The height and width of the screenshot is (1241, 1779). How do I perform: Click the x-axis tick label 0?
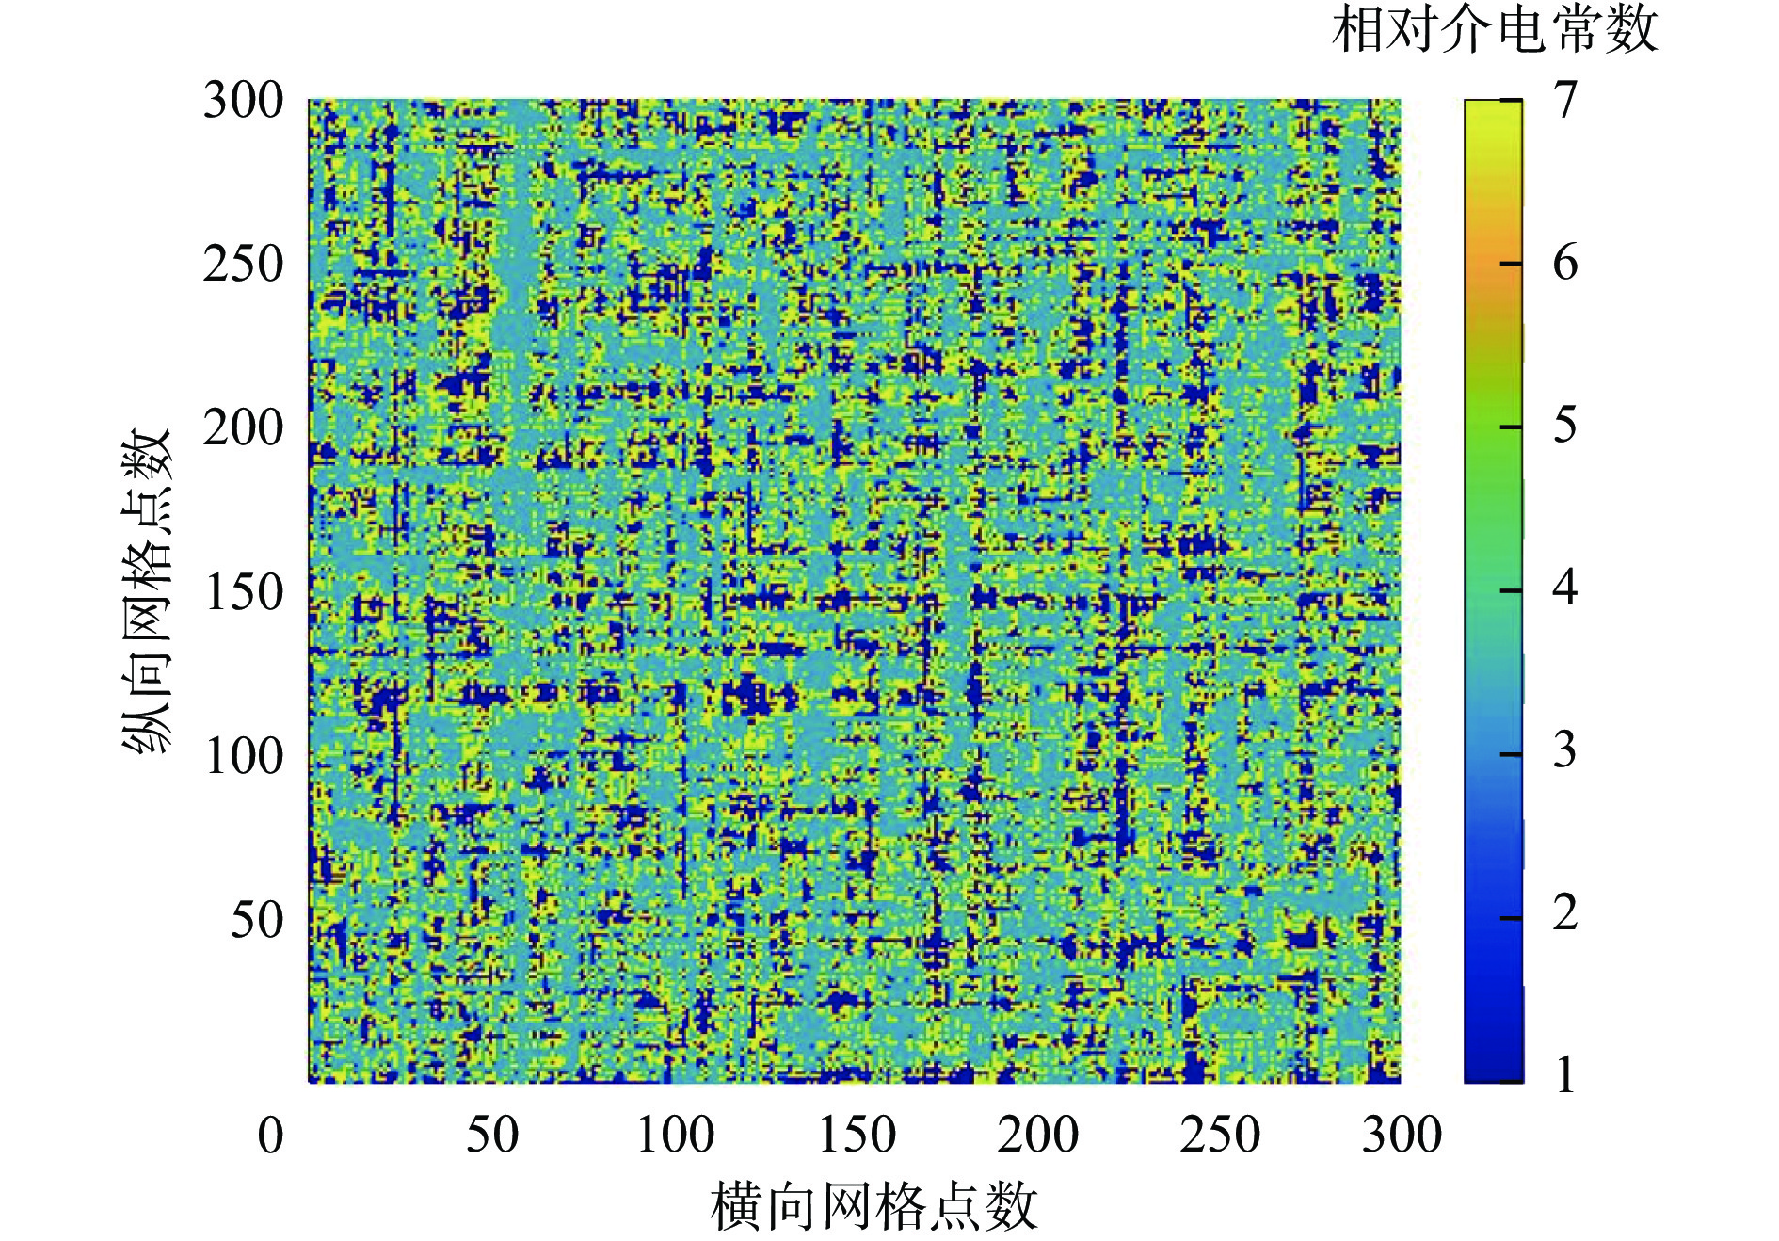coord(270,1135)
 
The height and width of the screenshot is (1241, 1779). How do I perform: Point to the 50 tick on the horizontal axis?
coord(492,1135)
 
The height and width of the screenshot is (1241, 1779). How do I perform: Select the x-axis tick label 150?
coord(857,1135)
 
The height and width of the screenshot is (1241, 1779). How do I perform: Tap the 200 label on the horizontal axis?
coord(1038,1135)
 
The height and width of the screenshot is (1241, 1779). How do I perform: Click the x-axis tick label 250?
coord(1220,1135)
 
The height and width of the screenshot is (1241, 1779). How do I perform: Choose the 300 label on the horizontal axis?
coord(1402,1135)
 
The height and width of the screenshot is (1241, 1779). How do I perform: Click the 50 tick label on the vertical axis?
coord(257,920)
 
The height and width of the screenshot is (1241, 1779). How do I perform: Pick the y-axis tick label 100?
coord(244,756)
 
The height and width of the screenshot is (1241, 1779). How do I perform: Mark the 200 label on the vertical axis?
coord(244,428)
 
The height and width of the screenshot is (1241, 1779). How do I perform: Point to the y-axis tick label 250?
coord(244,265)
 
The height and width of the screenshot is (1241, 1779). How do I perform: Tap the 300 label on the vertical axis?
coord(244,101)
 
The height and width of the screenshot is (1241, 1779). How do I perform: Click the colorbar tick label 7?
coord(1565,100)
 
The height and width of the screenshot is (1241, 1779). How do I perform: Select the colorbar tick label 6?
coord(1565,263)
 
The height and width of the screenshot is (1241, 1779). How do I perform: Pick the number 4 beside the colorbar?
coord(1565,588)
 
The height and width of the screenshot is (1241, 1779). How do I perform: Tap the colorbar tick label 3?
coord(1565,750)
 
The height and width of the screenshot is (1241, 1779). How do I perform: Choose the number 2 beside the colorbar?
coord(1565,913)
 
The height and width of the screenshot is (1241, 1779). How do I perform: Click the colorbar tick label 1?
coord(1565,1075)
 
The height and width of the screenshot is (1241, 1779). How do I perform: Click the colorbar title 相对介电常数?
coord(1495,30)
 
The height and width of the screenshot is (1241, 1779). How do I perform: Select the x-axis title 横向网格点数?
coord(873,1207)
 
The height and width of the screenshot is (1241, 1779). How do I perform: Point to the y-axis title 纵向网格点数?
coord(147,591)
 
